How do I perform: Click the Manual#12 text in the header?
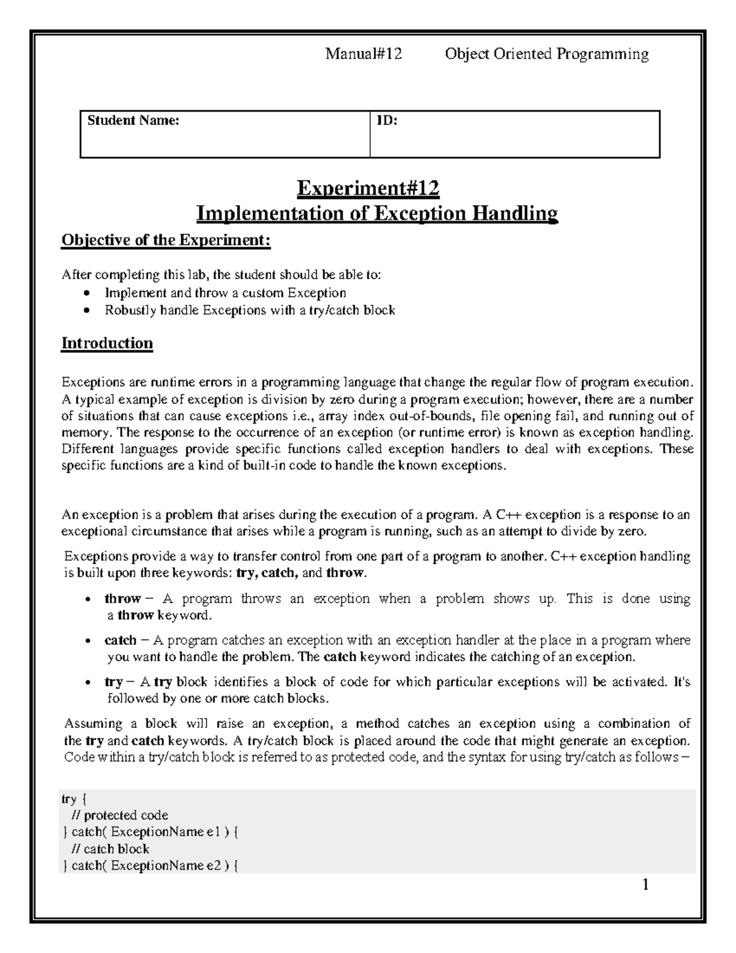pyautogui.click(x=363, y=55)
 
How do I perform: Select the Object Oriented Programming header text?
pyautogui.click(x=546, y=55)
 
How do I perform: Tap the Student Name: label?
pyautogui.click(x=133, y=121)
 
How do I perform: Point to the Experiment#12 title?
pyautogui.click(x=368, y=188)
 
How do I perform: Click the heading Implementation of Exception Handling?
pyautogui.click(x=377, y=214)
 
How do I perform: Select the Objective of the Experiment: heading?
pyautogui.click(x=166, y=240)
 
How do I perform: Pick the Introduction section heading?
pyautogui.click(x=107, y=343)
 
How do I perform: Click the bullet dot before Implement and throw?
pyautogui.click(x=89, y=293)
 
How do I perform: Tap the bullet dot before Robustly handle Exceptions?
pyautogui.click(x=89, y=311)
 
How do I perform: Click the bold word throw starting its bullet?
pyautogui.click(x=122, y=598)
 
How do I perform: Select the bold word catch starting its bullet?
pyautogui.click(x=120, y=640)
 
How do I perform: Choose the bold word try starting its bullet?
pyautogui.click(x=113, y=682)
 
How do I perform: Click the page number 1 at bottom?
pyautogui.click(x=645, y=885)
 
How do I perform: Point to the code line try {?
pyautogui.click(x=75, y=799)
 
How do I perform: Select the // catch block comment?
pyautogui.click(x=110, y=849)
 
